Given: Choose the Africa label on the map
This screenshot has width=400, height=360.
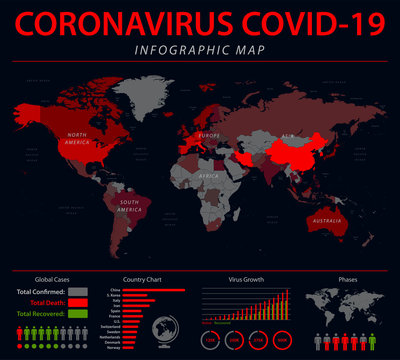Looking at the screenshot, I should pos(208,175).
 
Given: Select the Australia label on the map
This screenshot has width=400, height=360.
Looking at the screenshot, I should pos(328,219).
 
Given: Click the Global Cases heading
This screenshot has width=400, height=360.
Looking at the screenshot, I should pos(52,279).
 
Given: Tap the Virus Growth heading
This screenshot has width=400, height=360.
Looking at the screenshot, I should pos(246,279).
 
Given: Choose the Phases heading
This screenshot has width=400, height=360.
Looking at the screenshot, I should pos(348,279).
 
